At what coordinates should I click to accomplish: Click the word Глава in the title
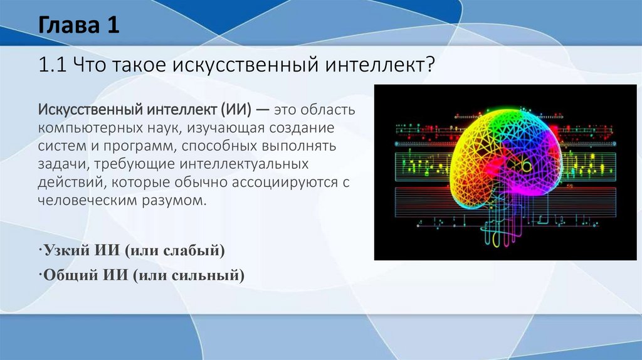coord(70,24)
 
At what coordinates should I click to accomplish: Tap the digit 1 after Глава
coord(113,24)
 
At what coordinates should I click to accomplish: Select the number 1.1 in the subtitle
coord(53,65)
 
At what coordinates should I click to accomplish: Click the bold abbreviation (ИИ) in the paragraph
coord(236,110)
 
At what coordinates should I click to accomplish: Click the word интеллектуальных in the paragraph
coord(244,164)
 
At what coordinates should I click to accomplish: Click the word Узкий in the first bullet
coord(67,250)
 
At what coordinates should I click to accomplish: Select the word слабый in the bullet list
coord(193,250)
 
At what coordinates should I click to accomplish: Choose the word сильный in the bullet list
coord(207,275)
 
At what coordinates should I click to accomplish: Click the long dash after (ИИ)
coord(263,110)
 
